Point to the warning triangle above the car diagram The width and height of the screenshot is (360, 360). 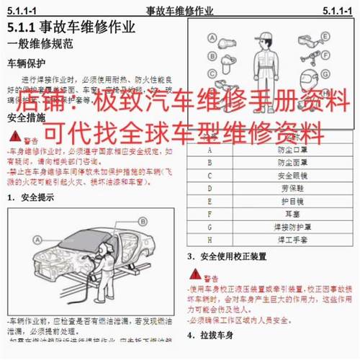coord(14,136)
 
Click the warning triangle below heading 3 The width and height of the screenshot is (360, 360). coord(195,274)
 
